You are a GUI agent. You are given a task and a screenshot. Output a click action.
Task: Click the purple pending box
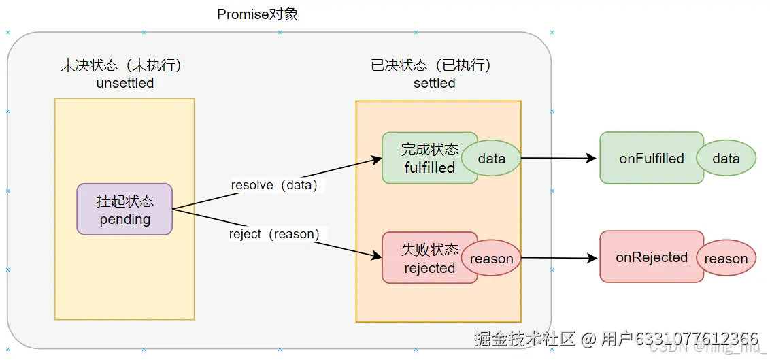point(124,209)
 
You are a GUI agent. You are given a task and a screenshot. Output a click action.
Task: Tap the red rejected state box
point(419,258)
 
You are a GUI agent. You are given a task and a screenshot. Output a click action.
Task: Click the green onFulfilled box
point(651,158)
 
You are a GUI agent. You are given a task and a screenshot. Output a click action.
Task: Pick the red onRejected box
point(651,257)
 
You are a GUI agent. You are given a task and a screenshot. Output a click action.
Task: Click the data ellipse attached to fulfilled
point(492,159)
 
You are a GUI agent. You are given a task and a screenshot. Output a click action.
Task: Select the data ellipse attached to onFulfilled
point(726,159)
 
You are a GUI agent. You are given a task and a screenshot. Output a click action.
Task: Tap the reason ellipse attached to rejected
point(492,259)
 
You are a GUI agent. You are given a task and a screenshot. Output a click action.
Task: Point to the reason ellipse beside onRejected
point(726,259)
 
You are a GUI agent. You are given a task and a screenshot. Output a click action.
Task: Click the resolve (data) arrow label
point(274,184)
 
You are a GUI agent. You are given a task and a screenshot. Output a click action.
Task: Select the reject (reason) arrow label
point(274,234)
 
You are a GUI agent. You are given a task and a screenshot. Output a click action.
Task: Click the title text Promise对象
point(257,14)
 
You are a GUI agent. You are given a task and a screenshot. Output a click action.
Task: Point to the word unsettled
point(125,84)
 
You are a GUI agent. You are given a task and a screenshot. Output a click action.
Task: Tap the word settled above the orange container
point(434,84)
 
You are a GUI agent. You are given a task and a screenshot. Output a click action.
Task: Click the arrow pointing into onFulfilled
point(558,158)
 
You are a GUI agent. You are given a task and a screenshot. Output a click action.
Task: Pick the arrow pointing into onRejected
point(558,258)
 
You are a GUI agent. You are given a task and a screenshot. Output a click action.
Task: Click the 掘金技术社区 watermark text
point(524,338)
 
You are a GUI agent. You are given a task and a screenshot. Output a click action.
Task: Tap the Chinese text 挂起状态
point(125,201)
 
